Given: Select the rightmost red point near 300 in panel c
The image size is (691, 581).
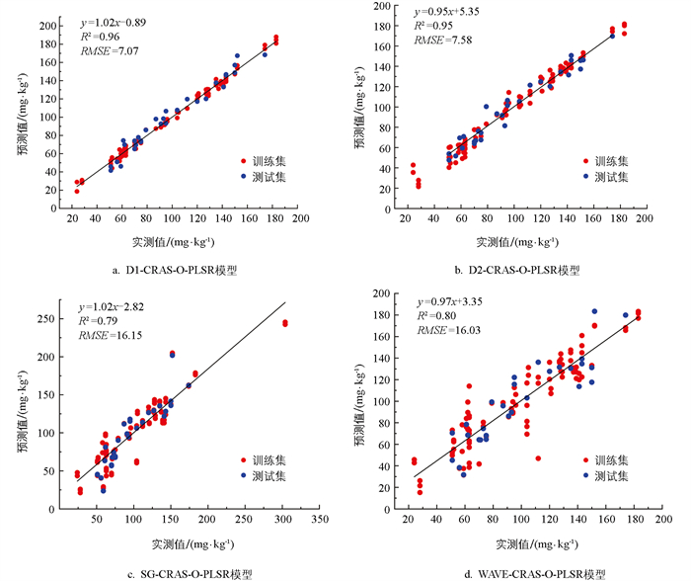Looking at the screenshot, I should (x=285, y=322).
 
